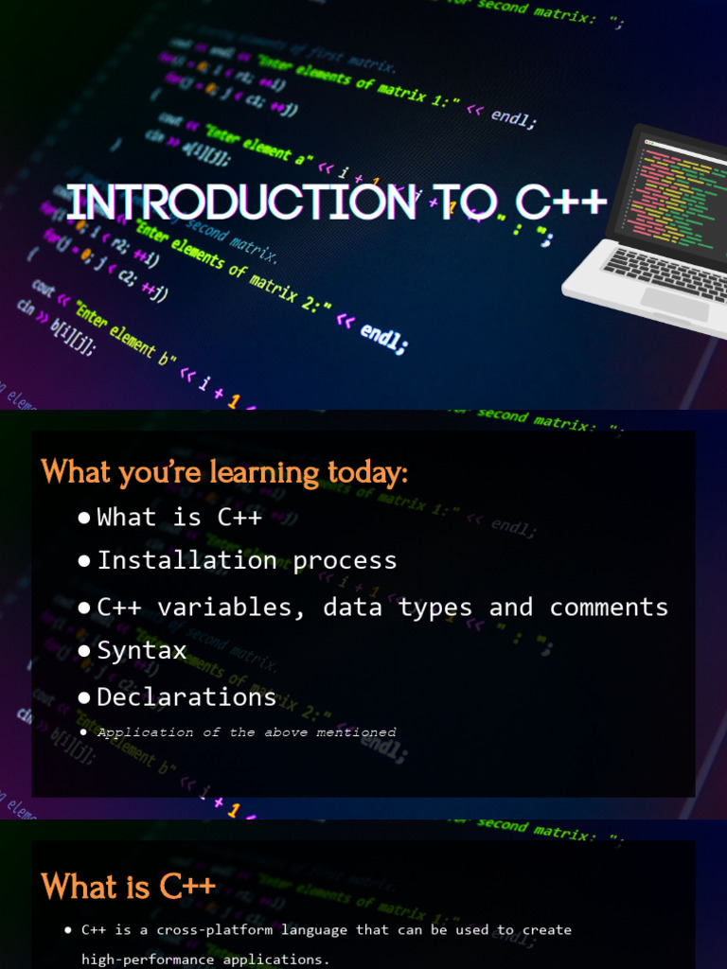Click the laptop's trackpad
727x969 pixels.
[674, 304]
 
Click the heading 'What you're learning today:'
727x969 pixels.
[224, 471]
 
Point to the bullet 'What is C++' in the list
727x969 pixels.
[179, 517]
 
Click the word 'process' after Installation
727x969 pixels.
[345, 560]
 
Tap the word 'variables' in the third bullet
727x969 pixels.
[232, 607]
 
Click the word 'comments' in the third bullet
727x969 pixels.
[609, 607]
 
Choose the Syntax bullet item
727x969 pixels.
[142, 651]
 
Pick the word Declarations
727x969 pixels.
[186, 697]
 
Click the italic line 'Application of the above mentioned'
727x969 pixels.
[246, 731]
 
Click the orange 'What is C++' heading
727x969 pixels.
[129, 887]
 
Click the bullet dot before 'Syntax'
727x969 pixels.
[84, 652]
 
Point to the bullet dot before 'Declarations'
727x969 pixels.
[84, 698]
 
